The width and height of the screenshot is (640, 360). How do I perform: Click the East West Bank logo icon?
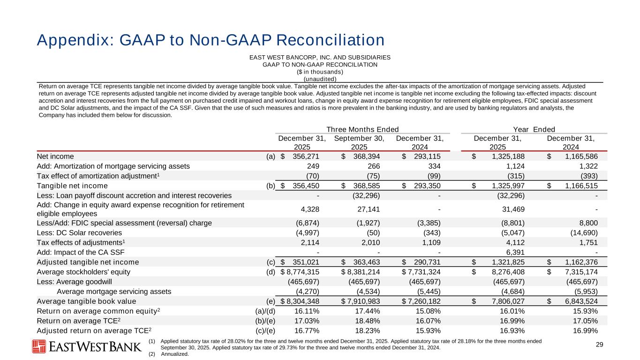[x=39, y=346]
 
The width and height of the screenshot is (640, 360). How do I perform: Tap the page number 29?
[x=599, y=345]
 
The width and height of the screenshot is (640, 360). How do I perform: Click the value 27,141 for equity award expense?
[x=369, y=209]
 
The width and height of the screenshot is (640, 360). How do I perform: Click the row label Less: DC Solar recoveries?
[x=79, y=232]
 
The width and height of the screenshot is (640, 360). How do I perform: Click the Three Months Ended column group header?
[x=362, y=129]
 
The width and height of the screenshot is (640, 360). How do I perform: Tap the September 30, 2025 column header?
[x=359, y=142]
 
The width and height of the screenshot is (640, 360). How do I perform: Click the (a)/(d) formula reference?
[x=265, y=311]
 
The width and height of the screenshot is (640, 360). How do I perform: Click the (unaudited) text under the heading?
[x=320, y=79]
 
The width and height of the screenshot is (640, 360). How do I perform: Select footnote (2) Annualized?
[x=169, y=354]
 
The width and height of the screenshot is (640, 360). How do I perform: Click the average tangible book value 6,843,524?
[x=578, y=301]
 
